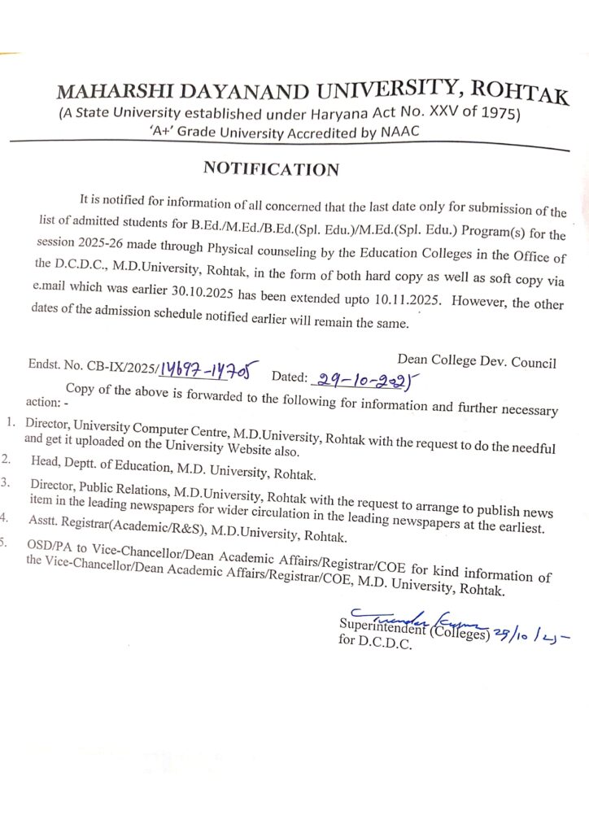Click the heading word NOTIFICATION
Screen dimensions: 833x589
tap(271, 169)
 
